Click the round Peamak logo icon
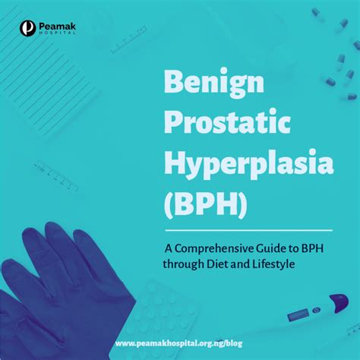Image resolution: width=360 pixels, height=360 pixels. pos(27,28)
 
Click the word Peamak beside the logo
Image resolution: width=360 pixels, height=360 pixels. pos(57,27)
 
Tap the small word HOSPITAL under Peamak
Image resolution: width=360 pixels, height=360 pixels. pos(57,33)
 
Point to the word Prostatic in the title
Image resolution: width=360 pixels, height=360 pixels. pos(227,122)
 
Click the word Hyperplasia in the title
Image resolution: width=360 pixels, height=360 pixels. pos(249,164)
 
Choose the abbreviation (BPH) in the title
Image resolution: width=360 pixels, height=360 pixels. pos(206,204)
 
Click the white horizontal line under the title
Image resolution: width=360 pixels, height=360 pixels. pos(249,230)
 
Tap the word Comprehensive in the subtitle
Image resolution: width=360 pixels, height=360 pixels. pos(214,249)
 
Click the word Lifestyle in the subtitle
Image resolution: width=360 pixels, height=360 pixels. pos(273,265)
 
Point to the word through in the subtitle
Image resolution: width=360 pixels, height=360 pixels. pos(184,265)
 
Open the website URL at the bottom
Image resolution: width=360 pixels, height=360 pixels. pos(178,343)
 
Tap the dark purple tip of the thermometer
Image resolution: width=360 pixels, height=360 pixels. pos(339,302)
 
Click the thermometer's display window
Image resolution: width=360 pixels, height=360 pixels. pos(298,314)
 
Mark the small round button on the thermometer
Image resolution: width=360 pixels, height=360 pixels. pos(316,310)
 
